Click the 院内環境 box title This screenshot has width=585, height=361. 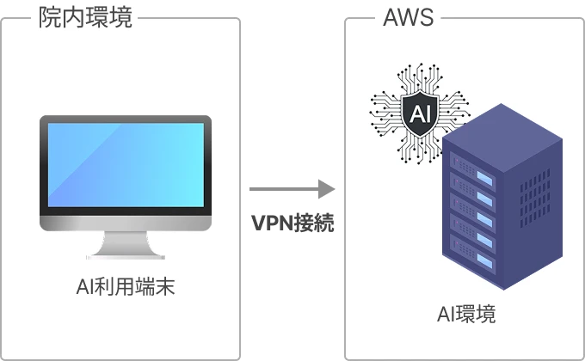tap(86, 18)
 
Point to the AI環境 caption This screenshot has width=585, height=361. tap(465, 314)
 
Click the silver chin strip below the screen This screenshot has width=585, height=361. tap(126, 222)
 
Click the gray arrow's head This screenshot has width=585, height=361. tap(328, 188)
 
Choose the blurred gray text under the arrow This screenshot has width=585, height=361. tap(292, 221)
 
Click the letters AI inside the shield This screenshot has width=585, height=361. tap(421, 113)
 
